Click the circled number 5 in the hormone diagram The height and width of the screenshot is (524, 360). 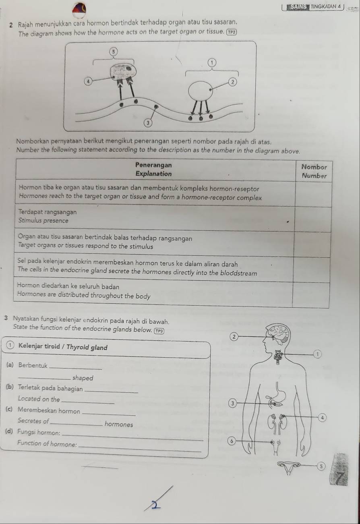point(114,52)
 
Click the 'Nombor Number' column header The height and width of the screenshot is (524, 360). point(314,171)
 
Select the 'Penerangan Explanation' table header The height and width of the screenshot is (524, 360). point(153,170)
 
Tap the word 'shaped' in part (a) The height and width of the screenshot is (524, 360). point(83,378)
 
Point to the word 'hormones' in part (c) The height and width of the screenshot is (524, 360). point(119,424)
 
